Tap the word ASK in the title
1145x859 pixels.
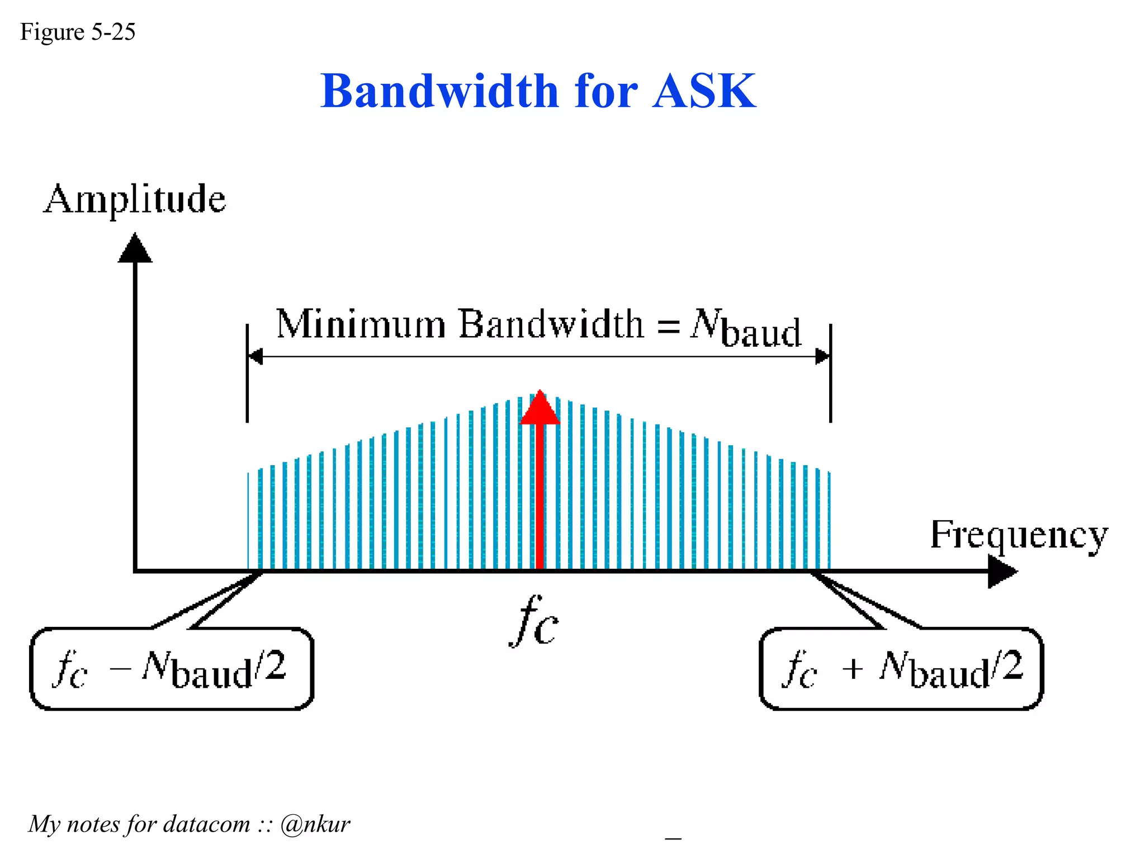(704, 91)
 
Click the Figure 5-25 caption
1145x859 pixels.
(78, 32)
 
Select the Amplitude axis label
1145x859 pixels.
(135, 200)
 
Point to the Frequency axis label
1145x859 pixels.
(1019, 535)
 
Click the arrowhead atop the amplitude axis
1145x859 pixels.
(135, 249)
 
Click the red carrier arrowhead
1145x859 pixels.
(540, 408)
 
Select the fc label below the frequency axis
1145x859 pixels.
(534, 621)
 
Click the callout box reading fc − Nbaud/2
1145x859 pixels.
(171, 669)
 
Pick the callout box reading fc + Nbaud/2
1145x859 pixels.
(901, 669)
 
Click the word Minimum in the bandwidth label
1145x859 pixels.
(361, 324)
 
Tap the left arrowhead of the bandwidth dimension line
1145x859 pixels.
(256, 356)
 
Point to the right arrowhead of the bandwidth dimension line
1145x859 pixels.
(822, 356)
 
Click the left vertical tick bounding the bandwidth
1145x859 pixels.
(247, 373)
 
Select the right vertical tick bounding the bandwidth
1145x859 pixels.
(830, 373)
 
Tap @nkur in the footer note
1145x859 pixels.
(315, 824)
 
